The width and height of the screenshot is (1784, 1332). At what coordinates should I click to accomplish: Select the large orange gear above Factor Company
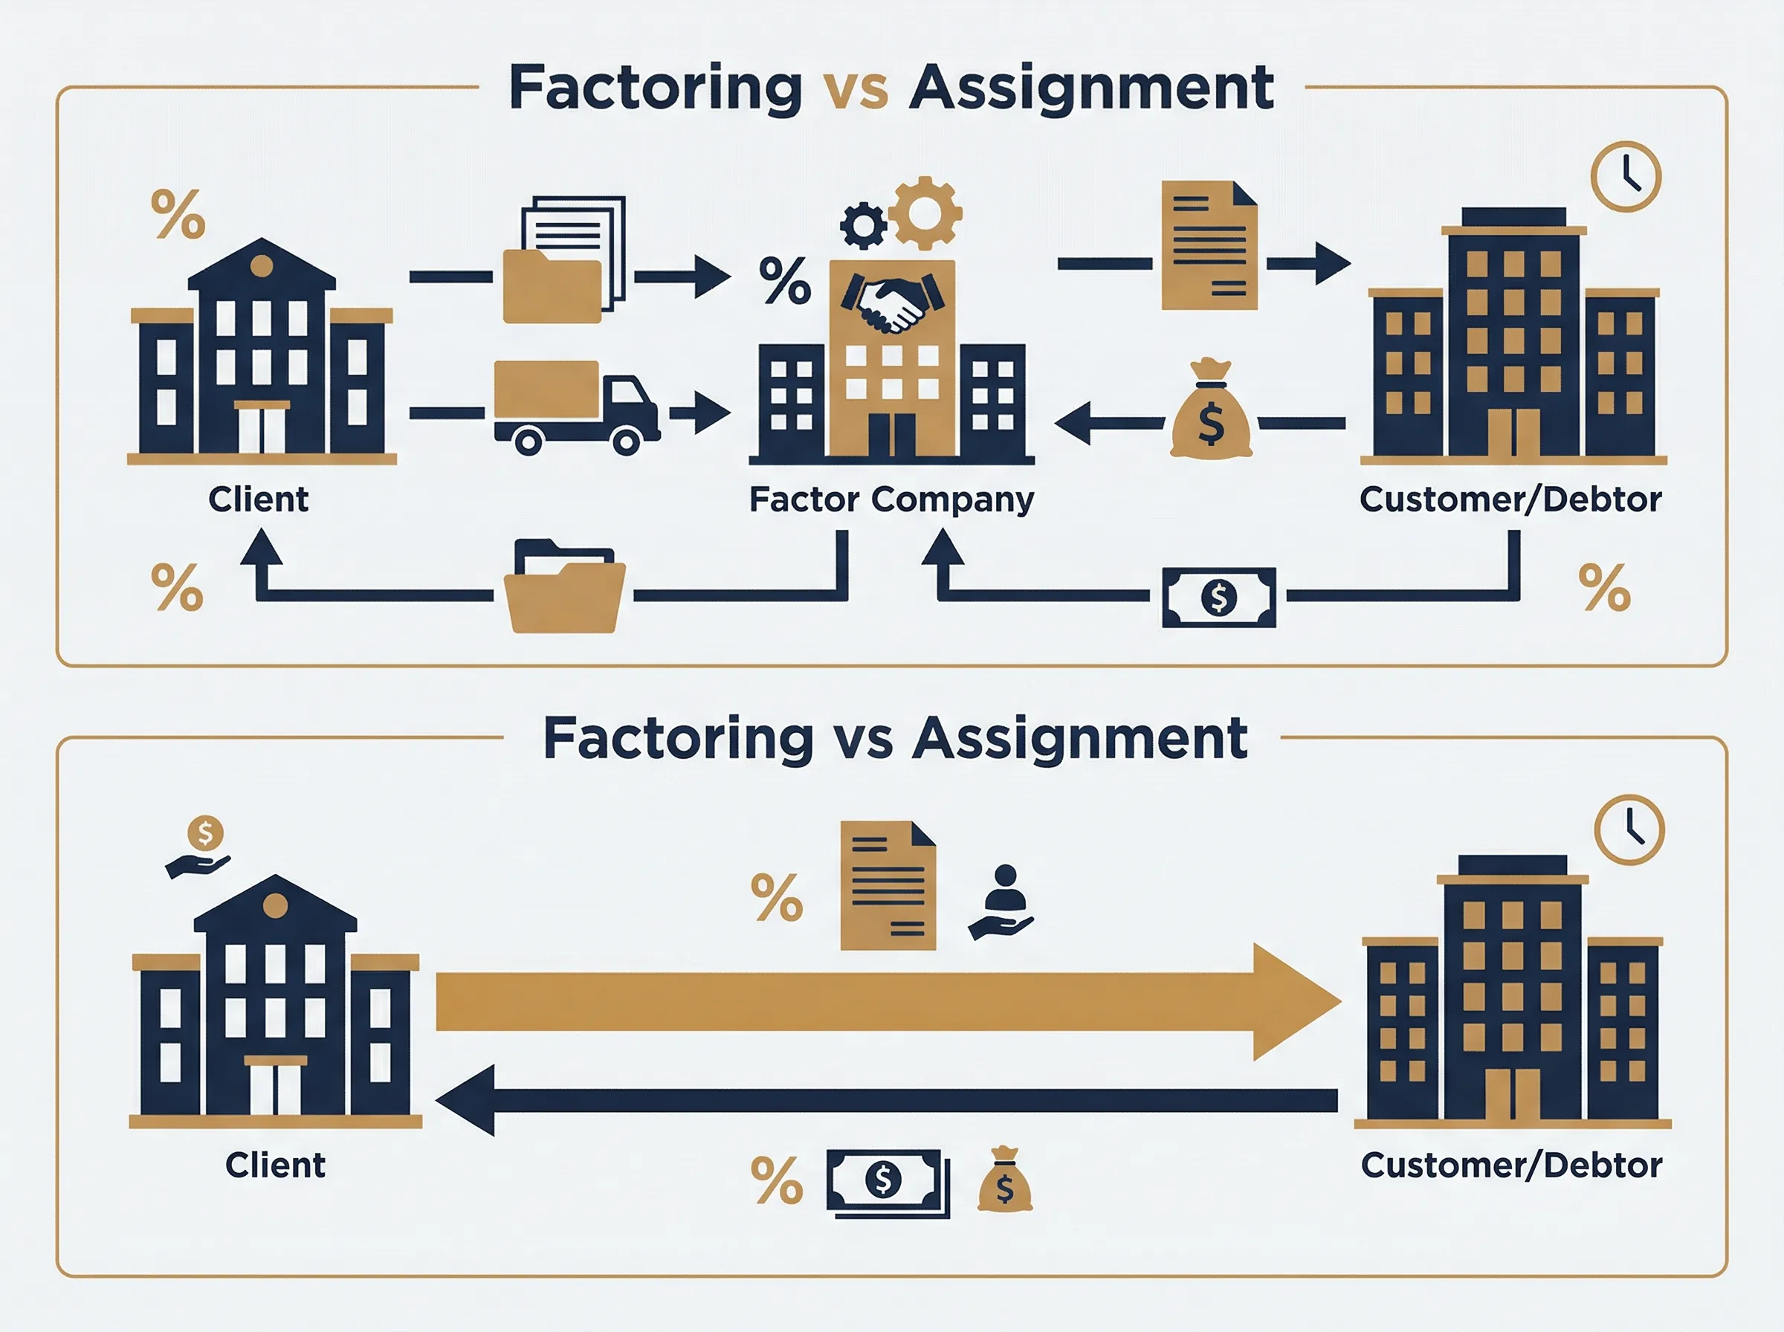point(925,213)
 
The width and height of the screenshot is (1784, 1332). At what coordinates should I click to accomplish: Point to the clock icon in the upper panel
point(1626,177)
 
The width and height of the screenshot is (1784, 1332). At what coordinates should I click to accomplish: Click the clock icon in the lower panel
point(1629,830)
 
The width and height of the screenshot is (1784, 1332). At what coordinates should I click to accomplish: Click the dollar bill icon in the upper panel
point(1219,598)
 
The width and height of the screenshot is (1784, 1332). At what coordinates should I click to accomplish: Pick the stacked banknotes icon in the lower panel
point(888,1183)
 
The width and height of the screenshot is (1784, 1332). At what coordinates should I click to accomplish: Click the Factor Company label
point(891,500)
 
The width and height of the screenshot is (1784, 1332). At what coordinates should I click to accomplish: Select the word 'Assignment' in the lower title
point(1080,740)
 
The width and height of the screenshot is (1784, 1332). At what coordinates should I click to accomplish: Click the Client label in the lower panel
point(276,1165)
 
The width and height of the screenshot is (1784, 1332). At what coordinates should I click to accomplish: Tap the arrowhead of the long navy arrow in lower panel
point(465,1100)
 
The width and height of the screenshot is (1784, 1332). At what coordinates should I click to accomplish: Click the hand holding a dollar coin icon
point(199,846)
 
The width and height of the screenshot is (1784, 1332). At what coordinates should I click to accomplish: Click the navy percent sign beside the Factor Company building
point(784,279)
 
